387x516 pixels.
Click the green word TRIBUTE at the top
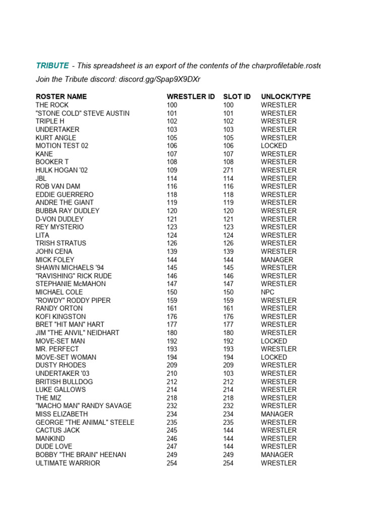pos(52,66)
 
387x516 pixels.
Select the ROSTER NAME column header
pos(61,96)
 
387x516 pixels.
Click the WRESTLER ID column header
pos(190,96)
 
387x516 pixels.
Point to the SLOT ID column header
pos(237,96)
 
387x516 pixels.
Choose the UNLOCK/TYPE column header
pos(286,96)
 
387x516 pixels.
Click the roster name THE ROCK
pos(52,105)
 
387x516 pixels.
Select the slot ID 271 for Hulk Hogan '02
pos(228,170)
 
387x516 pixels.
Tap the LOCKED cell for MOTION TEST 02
pos(274,146)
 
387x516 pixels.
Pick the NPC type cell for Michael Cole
pos(268,292)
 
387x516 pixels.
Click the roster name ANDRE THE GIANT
pos(64,203)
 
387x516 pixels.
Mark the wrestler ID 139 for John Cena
pos(172,251)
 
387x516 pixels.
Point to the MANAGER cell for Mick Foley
pos(277,260)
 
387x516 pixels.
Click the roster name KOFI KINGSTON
pos(60,316)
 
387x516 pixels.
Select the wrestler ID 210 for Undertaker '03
pos(172,373)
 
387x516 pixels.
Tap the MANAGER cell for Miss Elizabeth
pos(277,414)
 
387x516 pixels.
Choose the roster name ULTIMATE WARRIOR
pos(68,463)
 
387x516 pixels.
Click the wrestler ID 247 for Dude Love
pos(172,446)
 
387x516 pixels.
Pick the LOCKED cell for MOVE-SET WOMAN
pos(274,357)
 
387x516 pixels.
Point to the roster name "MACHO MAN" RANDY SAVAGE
pos(83,406)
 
